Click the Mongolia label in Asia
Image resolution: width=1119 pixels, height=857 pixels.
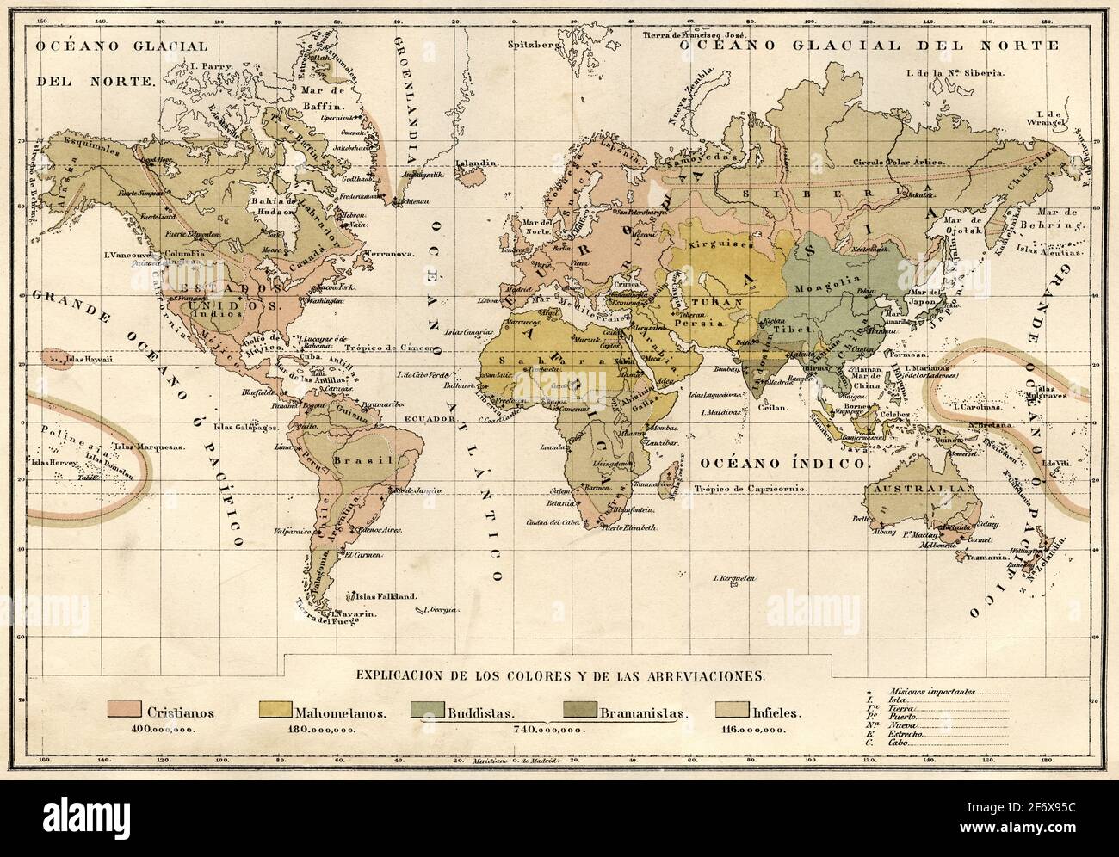823,288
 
